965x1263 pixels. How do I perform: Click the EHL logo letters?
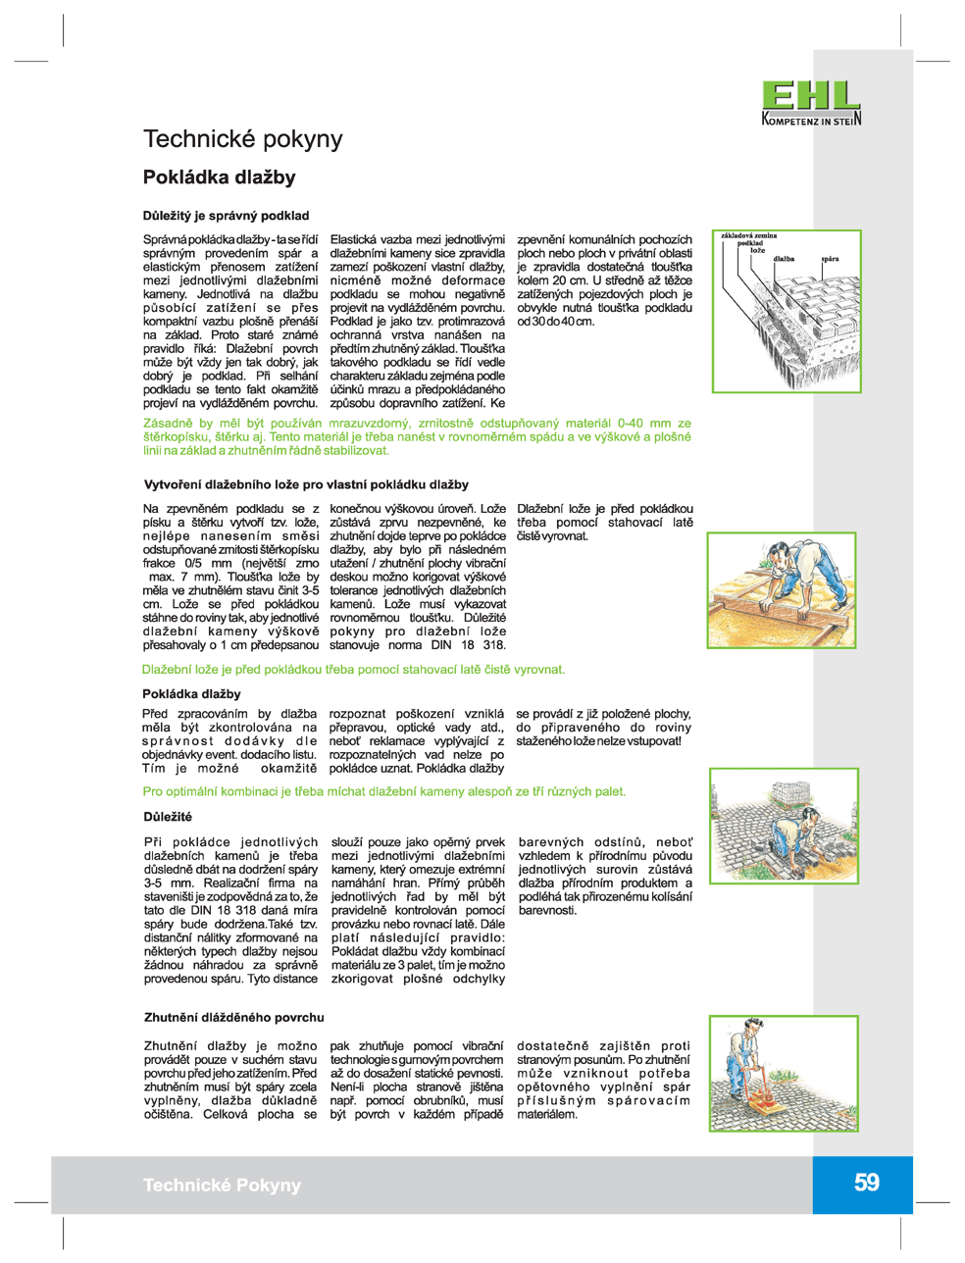[811, 96]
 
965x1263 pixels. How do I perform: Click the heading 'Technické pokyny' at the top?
[243, 139]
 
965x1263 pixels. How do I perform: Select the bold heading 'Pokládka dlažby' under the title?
[219, 177]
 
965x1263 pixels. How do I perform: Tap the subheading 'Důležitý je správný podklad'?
[227, 216]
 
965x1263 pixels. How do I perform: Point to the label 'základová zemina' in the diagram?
[749, 236]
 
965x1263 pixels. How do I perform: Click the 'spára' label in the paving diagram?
[831, 259]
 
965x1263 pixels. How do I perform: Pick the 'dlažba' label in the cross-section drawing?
[784, 259]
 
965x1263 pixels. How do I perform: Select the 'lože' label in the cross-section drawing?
[757, 251]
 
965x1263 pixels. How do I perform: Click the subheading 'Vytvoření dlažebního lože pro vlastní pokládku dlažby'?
[306, 484]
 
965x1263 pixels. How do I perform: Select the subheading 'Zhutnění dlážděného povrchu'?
[233, 1018]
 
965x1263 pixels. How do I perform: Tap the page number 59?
[866, 1183]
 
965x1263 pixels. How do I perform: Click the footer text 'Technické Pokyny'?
[222, 1185]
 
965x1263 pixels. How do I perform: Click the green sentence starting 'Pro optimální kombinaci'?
[383, 791]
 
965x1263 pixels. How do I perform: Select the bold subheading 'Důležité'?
[168, 817]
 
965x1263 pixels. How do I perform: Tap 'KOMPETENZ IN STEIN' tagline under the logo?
[811, 121]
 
